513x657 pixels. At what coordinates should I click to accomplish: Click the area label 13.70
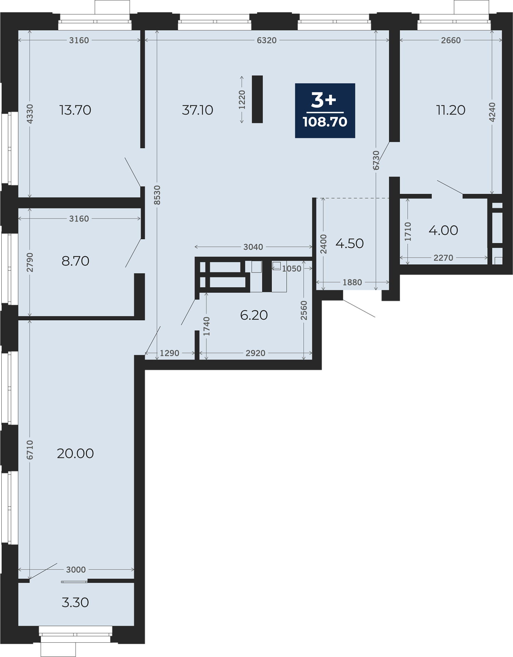pyautogui.click(x=75, y=110)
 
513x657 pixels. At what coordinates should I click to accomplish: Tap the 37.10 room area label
pyautogui.click(x=198, y=110)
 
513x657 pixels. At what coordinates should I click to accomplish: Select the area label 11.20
pyautogui.click(x=451, y=110)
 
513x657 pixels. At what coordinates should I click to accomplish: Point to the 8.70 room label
pyautogui.click(x=75, y=261)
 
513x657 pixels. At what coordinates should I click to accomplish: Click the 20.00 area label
pyautogui.click(x=75, y=453)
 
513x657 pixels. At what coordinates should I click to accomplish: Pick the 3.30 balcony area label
pyautogui.click(x=75, y=603)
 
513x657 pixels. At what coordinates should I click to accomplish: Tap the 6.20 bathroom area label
pyautogui.click(x=254, y=315)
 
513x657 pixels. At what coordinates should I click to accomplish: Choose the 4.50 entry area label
pyautogui.click(x=350, y=244)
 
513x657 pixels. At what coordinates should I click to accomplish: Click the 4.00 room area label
pyautogui.click(x=443, y=230)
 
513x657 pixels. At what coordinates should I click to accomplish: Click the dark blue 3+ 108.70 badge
pyautogui.click(x=325, y=111)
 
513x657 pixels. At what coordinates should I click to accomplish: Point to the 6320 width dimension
pyautogui.click(x=267, y=40)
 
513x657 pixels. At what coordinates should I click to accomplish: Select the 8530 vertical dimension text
pyautogui.click(x=157, y=195)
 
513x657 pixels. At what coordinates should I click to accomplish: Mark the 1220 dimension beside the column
pyautogui.click(x=242, y=100)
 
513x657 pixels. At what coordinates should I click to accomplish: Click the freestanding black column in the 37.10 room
pyautogui.click(x=257, y=99)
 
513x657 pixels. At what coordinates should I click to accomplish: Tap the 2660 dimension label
pyautogui.click(x=451, y=40)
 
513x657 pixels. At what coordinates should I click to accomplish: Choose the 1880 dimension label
pyautogui.click(x=352, y=282)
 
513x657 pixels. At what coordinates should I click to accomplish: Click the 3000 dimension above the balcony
pyautogui.click(x=76, y=569)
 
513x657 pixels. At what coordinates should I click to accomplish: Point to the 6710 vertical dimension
pyautogui.click(x=30, y=450)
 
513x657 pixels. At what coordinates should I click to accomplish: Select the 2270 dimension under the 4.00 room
pyautogui.click(x=443, y=258)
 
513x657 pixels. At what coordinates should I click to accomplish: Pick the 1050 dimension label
pyautogui.click(x=292, y=269)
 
